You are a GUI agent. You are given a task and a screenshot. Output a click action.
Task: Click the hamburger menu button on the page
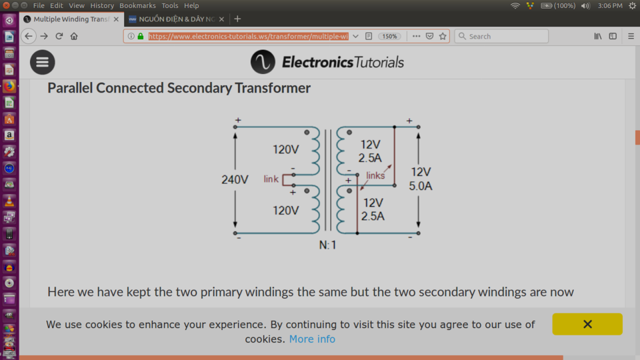pyautogui.click(x=43, y=62)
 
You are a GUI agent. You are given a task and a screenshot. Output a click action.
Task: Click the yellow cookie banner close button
pyautogui.click(x=587, y=324)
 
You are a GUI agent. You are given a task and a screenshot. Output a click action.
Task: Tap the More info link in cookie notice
pyautogui.click(x=312, y=339)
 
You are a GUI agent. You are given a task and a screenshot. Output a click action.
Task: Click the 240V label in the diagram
pyautogui.click(x=235, y=179)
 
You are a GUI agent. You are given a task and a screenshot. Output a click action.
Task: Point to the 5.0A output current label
pyautogui.click(x=421, y=186)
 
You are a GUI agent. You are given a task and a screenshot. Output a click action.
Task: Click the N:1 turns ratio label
pyautogui.click(x=327, y=245)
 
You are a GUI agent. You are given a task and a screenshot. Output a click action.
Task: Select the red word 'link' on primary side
pyautogui.click(x=271, y=179)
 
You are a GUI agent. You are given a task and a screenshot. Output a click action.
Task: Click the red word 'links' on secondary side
pyautogui.click(x=375, y=175)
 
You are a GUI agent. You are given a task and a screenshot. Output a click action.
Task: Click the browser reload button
pyautogui.click(x=59, y=36)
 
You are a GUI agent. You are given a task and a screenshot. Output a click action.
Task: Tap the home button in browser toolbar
pyautogui.click(x=74, y=36)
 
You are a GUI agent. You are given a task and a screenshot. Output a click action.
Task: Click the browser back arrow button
pyautogui.click(x=28, y=36)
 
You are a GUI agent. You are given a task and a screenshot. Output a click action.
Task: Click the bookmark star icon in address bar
pyautogui.click(x=443, y=36)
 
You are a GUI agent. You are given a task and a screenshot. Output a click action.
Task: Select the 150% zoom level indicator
pyautogui.click(x=389, y=36)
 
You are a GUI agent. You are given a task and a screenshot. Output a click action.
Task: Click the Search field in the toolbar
pyautogui.click(x=501, y=36)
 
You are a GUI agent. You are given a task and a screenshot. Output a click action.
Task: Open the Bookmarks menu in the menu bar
pyautogui.click(x=137, y=6)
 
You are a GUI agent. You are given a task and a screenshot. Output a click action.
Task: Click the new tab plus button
pyautogui.click(x=237, y=19)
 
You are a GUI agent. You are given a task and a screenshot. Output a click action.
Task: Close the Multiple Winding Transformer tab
pyautogui.click(x=116, y=19)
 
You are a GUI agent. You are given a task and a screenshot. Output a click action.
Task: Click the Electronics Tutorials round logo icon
pyautogui.click(x=263, y=62)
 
